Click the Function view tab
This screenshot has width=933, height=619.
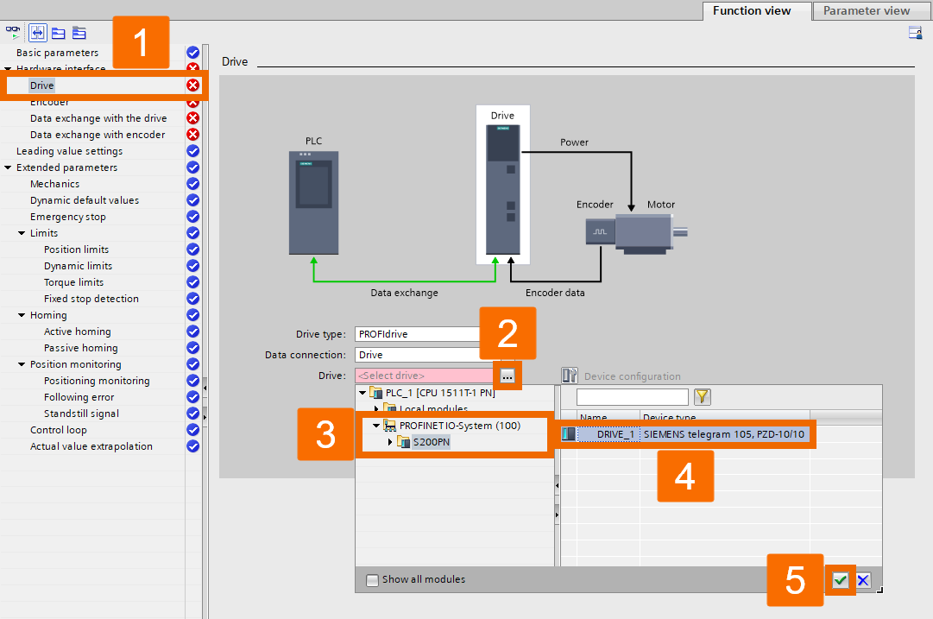[x=752, y=11]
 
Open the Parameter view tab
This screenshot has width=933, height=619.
[x=866, y=11]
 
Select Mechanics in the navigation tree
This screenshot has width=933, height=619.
[x=54, y=184]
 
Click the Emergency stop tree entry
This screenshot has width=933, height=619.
[x=67, y=217]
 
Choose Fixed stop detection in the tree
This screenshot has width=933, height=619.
[x=91, y=299]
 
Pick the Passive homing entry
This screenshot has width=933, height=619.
[x=80, y=348]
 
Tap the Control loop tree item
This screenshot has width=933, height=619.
[x=58, y=430]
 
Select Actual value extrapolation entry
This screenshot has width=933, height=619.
[x=91, y=446]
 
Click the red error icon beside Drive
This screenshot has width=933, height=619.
[x=193, y=85]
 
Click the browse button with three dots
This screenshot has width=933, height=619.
[x=507, y=376]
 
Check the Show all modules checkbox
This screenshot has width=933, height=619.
[x=372, y=579]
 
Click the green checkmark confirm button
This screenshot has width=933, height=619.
[x=840, y=580]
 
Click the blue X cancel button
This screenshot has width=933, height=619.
[x=863, y=580]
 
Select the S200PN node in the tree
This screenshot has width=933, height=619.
[x=431, y=442]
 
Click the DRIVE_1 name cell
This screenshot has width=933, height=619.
[x=615, y=434]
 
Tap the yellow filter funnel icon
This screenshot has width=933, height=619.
[x=703, y=397]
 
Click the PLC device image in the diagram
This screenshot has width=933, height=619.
[x=313, y=203]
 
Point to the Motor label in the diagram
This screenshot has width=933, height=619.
[x=661, y=205]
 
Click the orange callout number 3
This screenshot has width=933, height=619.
[x=325, y=434]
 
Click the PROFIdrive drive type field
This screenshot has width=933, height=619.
[x=418, y=334]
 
